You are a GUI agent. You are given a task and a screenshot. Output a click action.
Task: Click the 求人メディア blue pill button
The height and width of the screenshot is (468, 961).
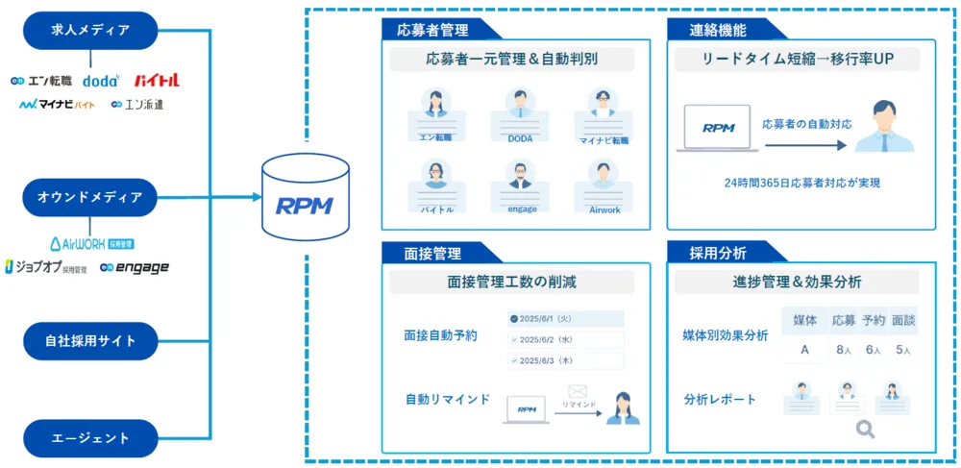point(90,31)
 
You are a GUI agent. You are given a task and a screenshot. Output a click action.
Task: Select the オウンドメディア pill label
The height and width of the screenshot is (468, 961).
point(90,198)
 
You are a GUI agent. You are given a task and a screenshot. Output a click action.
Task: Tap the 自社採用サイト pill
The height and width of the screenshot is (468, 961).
point(90,341)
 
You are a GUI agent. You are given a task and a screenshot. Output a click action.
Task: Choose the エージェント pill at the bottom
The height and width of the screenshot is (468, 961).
point(90,438)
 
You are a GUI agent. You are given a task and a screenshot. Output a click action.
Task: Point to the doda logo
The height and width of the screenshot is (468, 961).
point(101,81)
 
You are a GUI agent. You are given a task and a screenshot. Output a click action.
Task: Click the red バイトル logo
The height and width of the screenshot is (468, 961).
point(157,81)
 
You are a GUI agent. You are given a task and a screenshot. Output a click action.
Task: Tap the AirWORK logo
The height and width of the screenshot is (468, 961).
point(90,244)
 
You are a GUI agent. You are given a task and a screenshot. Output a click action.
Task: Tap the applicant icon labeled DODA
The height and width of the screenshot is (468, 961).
point(520,110)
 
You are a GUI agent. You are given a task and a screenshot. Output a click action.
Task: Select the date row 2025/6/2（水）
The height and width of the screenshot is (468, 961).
point(566,339)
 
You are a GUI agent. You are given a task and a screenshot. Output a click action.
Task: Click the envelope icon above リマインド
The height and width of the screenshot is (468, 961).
point(578,391)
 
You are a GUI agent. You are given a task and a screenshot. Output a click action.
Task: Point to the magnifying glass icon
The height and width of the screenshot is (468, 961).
point(865,430)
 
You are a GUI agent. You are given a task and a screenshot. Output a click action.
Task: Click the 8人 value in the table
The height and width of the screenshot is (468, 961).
point(844,351)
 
